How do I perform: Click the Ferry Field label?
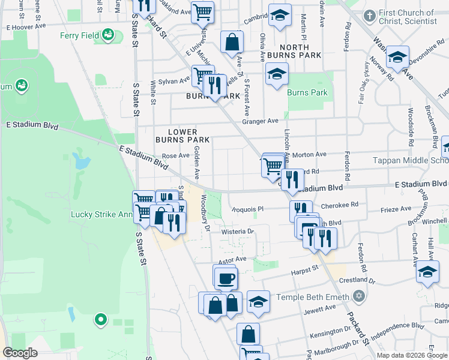click(79, 35)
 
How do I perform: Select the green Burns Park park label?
click(307, 93)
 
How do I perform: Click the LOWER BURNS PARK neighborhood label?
click(182, 136)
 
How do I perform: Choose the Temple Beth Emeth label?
click(313, 297)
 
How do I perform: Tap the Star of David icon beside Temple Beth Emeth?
click(359, 297)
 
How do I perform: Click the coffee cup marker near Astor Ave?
click(226, 278)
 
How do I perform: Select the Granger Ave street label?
click(261, 121)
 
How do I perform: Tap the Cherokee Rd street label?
click(340, 205)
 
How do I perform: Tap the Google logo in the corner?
click(20, 353)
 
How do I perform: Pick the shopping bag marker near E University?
click(232, 43)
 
